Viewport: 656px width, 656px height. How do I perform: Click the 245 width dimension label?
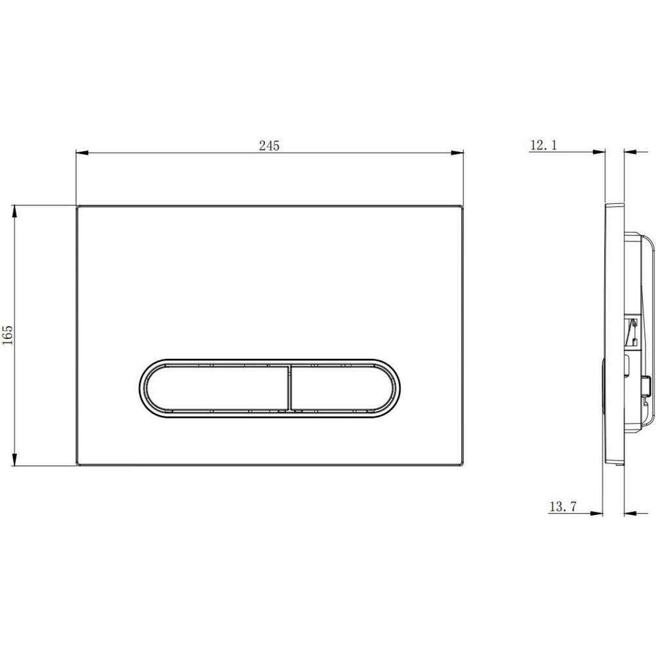point(269,146)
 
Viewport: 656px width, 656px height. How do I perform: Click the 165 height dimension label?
point(8,335)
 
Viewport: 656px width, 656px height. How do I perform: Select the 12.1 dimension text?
point(544,145)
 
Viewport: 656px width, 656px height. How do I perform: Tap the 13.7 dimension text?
point(563,506)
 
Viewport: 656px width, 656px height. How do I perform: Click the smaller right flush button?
point(341,388)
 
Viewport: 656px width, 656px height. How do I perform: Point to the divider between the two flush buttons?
point(289,388)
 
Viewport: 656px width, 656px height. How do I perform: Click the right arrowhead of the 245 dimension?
point(457,153)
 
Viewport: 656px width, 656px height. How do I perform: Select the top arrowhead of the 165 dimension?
point(14,211)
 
